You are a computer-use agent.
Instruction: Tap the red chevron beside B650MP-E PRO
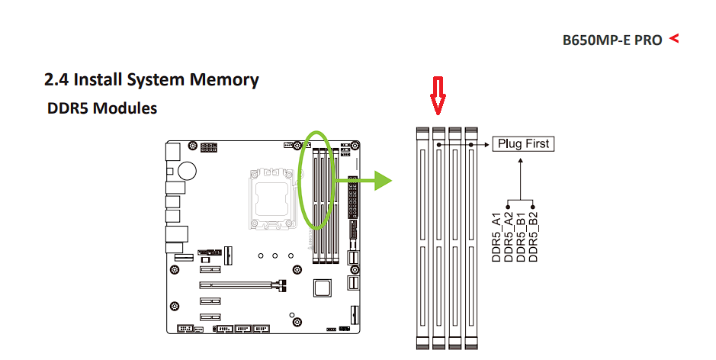click(673, 38)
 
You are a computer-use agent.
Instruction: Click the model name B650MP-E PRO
click(612, 40)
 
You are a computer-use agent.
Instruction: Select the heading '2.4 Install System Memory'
click(152, 79)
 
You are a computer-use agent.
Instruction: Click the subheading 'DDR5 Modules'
click(102, 108)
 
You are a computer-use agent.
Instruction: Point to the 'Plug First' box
click(522, 143)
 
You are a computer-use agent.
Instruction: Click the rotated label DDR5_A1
click(496, 237)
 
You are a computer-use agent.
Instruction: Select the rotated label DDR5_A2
click(509, 237)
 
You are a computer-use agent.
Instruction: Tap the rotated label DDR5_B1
click(521, 237)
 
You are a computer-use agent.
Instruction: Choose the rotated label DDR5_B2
click(533, 237)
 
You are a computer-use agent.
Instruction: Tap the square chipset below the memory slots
click(323, 288)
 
